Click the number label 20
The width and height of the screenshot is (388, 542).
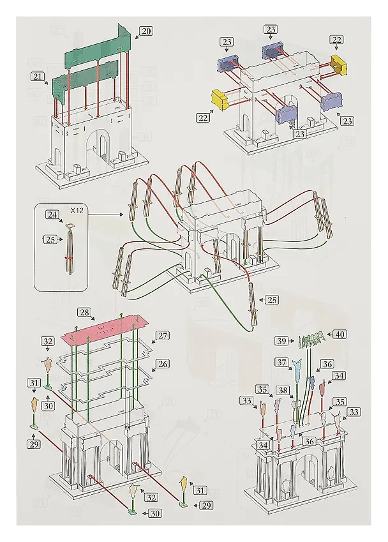click(x=146, y=31)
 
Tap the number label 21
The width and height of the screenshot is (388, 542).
click(x=37, y=76)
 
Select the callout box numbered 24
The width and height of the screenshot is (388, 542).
click(x=52, y=215)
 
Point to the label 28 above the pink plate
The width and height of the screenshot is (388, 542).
click(x=84, y=312)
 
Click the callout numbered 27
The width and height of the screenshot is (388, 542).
click(x=163, y=336)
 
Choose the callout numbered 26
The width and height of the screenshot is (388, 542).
click(x=163, y=364)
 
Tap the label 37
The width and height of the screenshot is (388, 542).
click(x=282, y=362)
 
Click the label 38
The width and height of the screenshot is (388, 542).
click(x=283, y=390)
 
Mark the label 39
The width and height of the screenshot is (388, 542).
click(x=282, y=341)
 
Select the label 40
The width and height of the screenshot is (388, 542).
click(x=340, y=335)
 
